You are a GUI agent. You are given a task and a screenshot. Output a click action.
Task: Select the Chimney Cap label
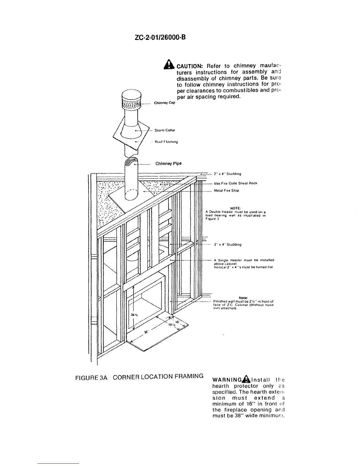[x=165, y=103]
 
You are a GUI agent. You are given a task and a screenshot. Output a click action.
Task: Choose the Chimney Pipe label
[x=168, y=164]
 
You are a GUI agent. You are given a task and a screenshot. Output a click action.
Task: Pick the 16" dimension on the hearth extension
[x=177, y=322]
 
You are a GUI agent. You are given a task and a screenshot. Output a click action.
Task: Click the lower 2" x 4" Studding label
[x=228, y=244]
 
